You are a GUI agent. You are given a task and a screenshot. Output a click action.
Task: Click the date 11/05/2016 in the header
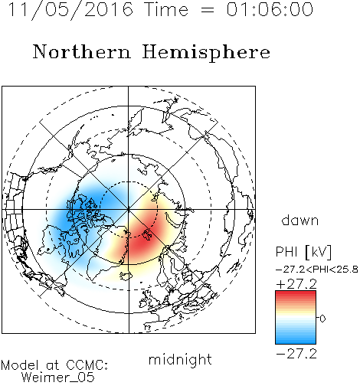[x=70, y=10]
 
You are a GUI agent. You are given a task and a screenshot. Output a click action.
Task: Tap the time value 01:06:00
[x=270, y=10]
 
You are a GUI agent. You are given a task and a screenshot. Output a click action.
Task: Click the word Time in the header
[x=166, y=10]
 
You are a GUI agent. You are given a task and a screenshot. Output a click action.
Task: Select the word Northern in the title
[x=82, y=52]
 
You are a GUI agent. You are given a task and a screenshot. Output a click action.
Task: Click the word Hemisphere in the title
[x=206, y=53]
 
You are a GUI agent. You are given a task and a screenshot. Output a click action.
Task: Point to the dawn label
[x=300, y=220]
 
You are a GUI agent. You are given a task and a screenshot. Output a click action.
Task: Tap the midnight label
[x=180, y=359]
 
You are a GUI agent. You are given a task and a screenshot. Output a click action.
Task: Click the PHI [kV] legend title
[x=303, y=252]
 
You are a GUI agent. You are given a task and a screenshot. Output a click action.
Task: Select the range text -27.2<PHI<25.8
[x=317, y=270]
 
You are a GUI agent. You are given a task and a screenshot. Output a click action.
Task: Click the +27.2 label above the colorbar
[x=296, y=284]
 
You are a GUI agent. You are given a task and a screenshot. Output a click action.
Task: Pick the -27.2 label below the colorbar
[x=296, y=354]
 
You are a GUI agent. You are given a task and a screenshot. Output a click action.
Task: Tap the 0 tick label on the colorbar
[x=322, y=319]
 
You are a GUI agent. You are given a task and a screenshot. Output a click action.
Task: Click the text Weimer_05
[x=58, y=378]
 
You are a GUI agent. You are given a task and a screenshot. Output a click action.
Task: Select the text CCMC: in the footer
[x=87, y=365]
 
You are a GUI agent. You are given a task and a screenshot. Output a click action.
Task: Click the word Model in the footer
[x=20, y=365]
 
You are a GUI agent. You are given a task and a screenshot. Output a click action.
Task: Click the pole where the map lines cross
[x=129, y=210]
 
